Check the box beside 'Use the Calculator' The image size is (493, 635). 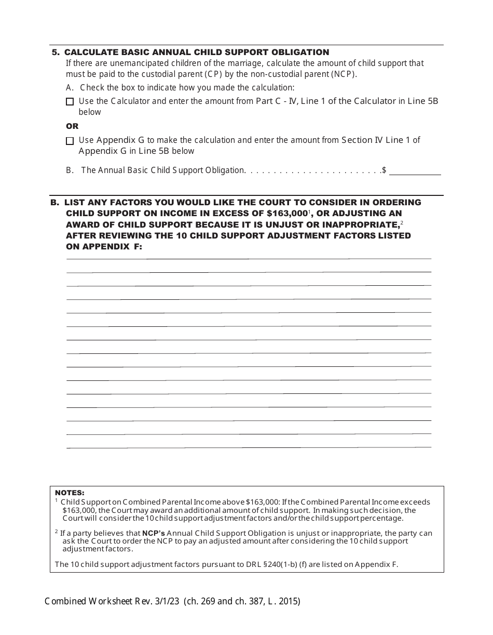coord(70,102)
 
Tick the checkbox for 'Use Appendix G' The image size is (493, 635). coord(70,141)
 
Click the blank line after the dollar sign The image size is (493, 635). coord(415,170)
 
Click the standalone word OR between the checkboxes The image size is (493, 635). coord(72,126)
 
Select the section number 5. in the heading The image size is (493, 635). coord(56,52)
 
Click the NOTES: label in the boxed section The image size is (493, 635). coord(70,493)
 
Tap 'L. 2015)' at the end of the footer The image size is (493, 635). coord(284,602)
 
